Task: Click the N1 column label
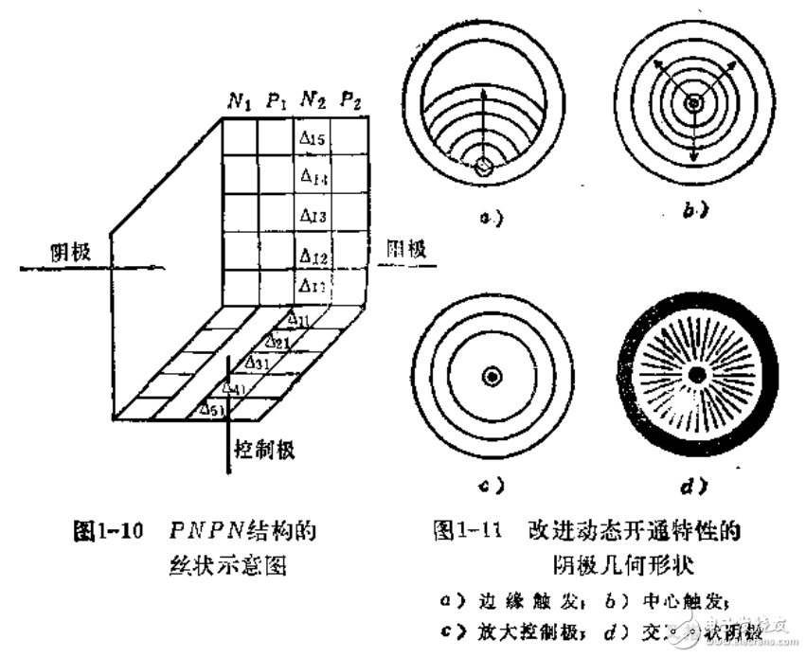pyautogui.click(x=237, y=101)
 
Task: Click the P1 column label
pyautogui.click(x=277, y=101)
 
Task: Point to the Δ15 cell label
pyautogui.click(x=313, y=140)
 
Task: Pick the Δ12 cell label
pyautogui.click(x=313, y=256)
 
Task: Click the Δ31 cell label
pyautogui.click(x=256, y=363)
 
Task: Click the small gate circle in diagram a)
pyautogui.click(x=486, y=167)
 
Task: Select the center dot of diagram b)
pyautogui.click(x=694, y=102)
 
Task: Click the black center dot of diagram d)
pyautogui.click(x=696, y=376)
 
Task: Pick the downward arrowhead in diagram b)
pyautogui.click(x=694, y=157)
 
